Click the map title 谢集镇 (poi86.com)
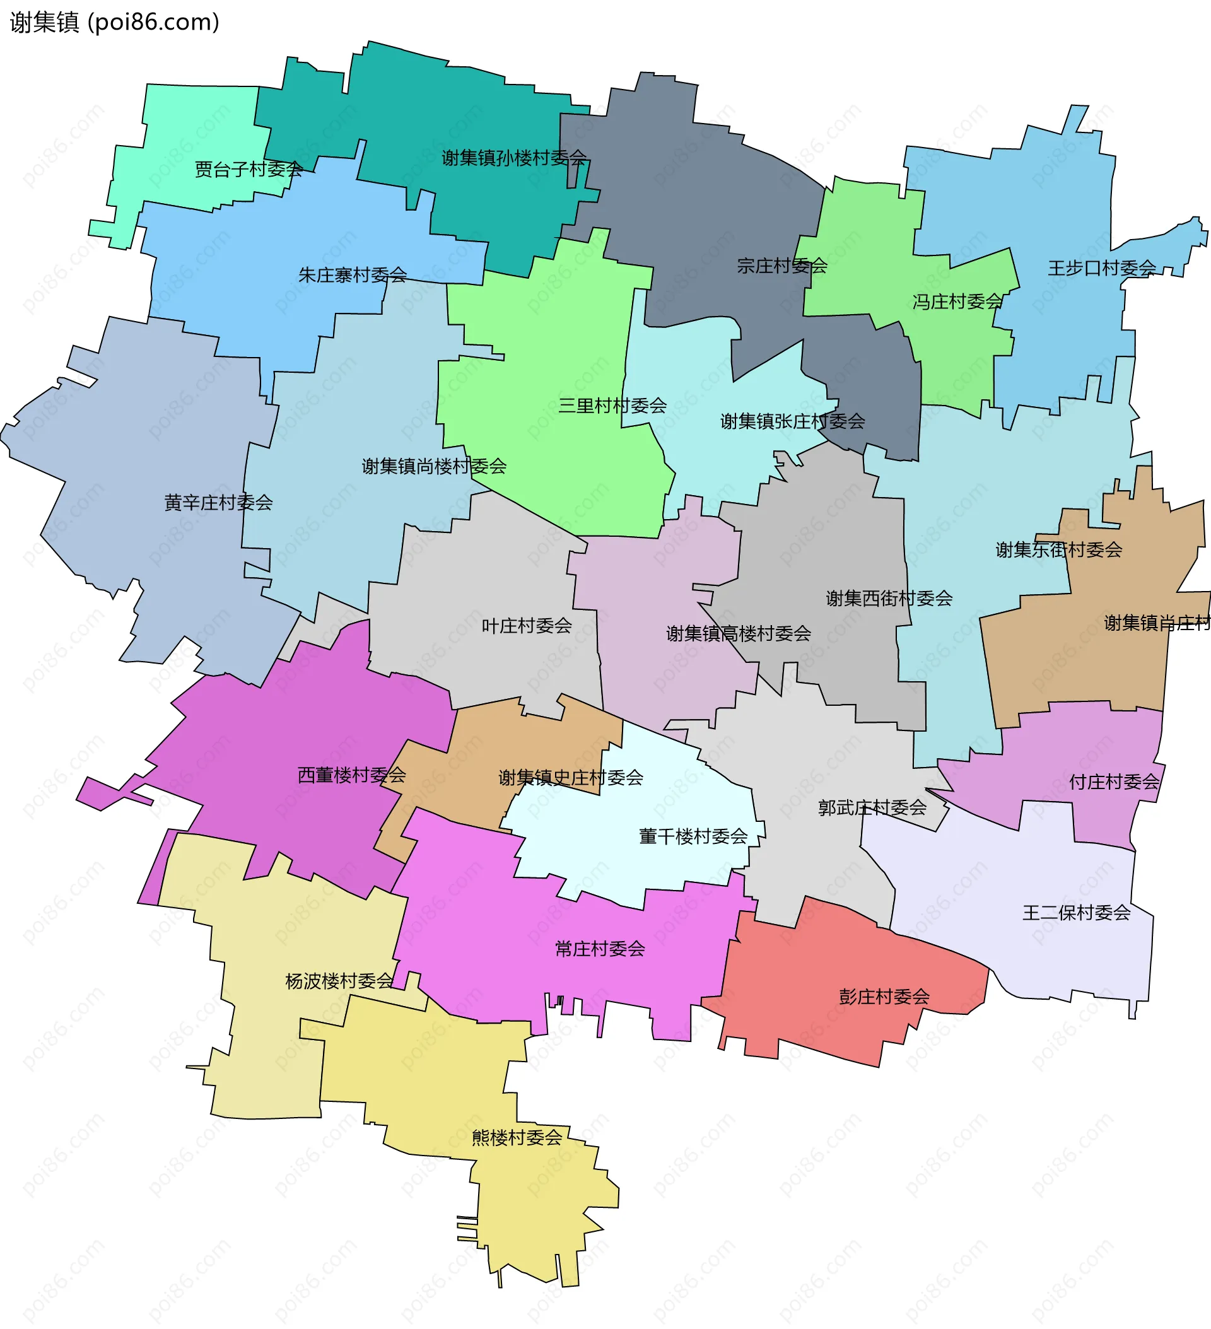pos(114,23)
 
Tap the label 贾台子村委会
pos(249,170)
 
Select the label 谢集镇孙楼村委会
pos(513,158)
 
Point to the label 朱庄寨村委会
pos(352,274)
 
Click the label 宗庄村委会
pos(782,266)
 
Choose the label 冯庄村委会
pos(957,302)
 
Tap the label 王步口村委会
pos(1101,267)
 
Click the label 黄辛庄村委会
pos(218,502)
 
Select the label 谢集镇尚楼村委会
pos(434,466)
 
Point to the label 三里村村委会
pos(612,406)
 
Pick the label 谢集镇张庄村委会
pos(792,421)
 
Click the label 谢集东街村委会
pos(1059,549)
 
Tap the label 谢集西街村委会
pos(889,598)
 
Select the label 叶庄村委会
pos(527,625)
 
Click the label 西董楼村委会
pos(351,775)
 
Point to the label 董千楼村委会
pos(693,836)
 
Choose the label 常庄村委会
pos(600,949)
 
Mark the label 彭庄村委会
pos(884,996)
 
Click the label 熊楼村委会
pos(517,1137)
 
